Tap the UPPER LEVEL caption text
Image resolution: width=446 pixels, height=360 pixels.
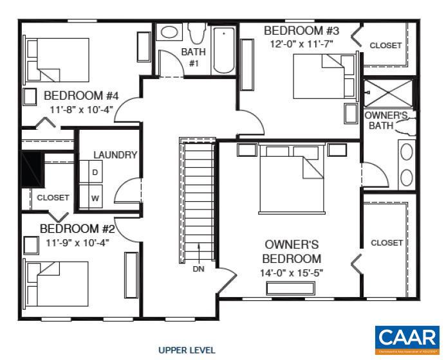click(187, 350)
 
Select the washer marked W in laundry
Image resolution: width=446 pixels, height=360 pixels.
click(95, 198)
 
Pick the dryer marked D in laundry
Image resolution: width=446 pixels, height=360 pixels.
click(95, 173)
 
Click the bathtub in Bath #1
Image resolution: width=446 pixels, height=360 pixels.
click(224, 50)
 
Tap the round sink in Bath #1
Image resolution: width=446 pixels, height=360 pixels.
click(170, 32)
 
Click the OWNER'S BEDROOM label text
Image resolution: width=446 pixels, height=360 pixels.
click(293, 252)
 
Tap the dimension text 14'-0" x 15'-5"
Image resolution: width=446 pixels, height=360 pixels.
click(293, 273)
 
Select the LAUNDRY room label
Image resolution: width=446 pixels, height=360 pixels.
click(115, 155)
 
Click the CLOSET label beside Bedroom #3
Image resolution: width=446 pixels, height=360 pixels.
click(386, 46)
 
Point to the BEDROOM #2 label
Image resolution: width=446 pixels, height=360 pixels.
click(77, 229)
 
